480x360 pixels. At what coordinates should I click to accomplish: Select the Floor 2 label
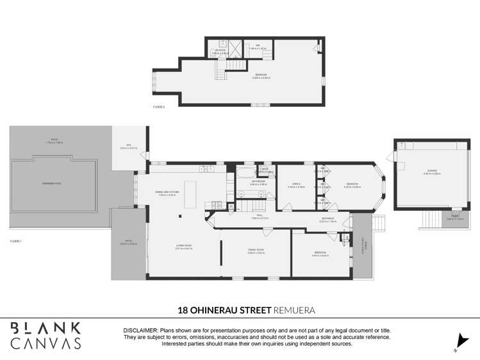click(159, 107)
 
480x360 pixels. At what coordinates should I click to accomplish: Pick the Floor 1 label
click(16, 241)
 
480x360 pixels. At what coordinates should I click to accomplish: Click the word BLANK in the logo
click(46, 327)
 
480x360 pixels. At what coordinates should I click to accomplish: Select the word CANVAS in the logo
click(46, 343)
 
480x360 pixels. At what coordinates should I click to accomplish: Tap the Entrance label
click(327, 219)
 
